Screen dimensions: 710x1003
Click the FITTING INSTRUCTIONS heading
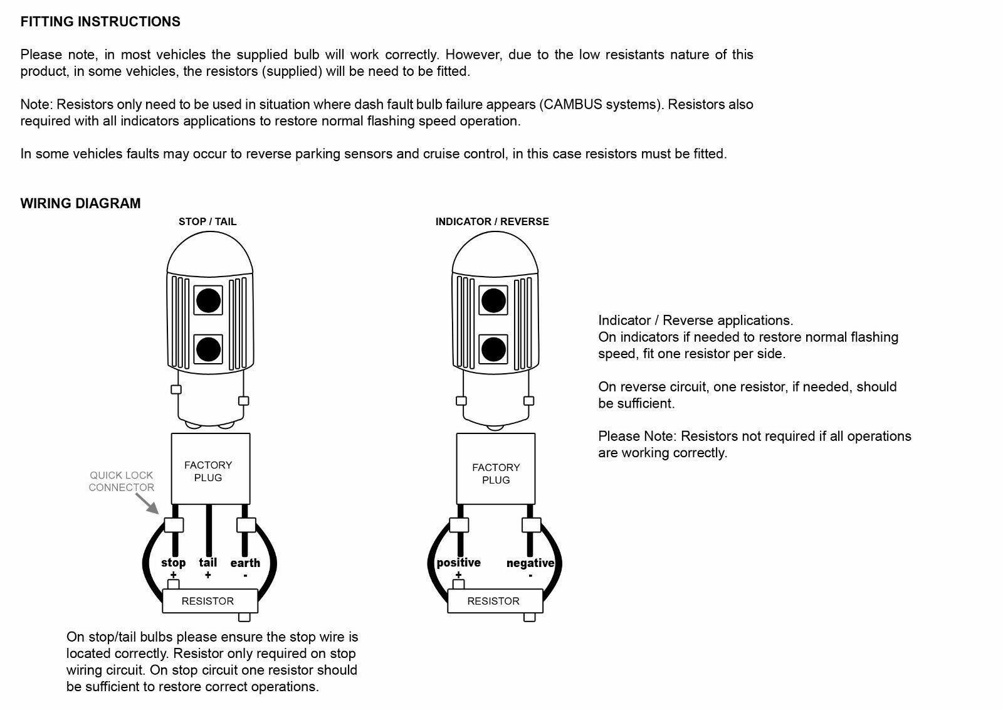click(100, 22)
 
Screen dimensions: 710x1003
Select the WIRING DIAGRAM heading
click(80, 203)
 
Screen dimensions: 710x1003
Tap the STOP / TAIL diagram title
click(207, 221)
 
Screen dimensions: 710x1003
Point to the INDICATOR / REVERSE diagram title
click(492, 221)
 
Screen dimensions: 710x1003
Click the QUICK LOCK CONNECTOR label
click(122, 481)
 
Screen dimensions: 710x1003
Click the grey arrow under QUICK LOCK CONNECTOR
click(148, 503)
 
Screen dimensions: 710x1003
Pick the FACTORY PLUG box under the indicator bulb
click(495, 469)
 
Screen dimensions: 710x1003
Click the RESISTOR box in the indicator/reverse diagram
click(495, 601)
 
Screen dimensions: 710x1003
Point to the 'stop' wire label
click(173, 563)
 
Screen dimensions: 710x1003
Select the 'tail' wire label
click(207, 563)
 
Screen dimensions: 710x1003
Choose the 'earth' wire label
click(245, 563)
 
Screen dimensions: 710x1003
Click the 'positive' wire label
click(458, 563)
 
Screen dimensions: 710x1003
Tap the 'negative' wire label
click(530, 563)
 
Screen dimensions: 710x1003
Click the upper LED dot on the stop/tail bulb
click(208, 300)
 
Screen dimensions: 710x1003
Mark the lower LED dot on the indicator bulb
click(493, 349)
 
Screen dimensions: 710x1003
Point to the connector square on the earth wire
click(246, 525)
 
